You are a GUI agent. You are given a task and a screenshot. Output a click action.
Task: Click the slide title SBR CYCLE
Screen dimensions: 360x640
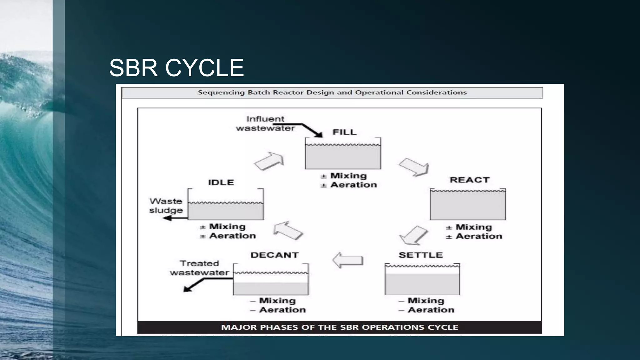pos(176,68)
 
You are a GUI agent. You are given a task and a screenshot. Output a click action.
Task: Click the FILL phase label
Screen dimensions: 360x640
pos(344,132)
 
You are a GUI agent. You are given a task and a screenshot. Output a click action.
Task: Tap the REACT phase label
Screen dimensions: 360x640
pos(469,180)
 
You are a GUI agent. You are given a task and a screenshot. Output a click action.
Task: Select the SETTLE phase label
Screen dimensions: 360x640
pos(421,255)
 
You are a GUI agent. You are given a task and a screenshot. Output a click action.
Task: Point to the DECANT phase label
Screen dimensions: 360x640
pos(274,255)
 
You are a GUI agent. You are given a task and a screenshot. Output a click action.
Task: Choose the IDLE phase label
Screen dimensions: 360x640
pos(221,182)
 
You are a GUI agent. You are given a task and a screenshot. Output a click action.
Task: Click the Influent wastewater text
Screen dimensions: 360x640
pos(265,123)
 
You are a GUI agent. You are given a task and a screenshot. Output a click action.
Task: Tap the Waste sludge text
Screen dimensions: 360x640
pos(166,206)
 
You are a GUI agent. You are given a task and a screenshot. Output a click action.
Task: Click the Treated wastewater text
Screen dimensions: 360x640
pos(199,268)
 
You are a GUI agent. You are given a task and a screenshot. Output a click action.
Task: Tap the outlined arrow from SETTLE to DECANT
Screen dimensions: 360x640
pos(347,260)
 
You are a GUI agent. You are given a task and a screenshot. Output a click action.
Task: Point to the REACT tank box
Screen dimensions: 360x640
pos(468,204)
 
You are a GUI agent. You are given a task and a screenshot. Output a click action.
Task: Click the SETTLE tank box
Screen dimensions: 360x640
pos(422,279)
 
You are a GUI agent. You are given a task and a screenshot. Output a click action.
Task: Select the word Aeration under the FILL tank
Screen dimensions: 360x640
pos(353,185)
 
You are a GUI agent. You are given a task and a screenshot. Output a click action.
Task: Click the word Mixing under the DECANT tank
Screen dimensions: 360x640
pos(277,301)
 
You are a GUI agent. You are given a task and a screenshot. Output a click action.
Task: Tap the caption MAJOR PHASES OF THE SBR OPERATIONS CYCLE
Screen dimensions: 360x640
pos(339,327)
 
